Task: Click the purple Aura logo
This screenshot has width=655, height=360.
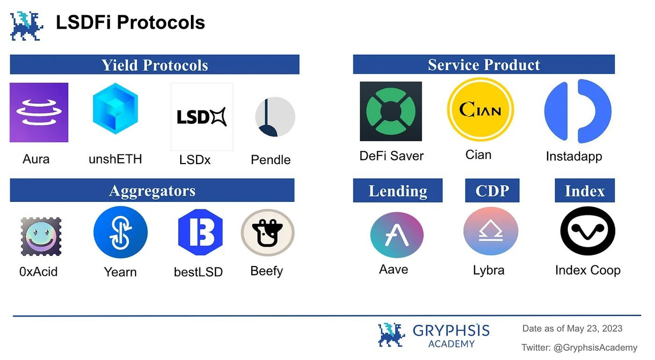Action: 39,112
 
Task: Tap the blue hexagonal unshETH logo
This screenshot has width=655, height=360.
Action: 115,108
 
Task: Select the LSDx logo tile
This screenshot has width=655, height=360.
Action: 202,117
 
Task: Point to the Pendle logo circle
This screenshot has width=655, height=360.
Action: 275,117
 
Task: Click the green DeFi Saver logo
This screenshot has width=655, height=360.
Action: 391,111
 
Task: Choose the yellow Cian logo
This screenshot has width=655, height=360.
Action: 480,109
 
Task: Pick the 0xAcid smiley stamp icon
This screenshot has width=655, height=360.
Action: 41,236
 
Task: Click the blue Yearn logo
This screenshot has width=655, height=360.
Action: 120,233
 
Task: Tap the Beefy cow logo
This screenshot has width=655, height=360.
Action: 268,233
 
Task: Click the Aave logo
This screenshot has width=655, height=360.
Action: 397,235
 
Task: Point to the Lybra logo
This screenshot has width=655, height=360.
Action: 490,232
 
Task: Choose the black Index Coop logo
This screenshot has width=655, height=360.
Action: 587,231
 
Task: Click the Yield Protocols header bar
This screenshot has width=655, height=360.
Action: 155,65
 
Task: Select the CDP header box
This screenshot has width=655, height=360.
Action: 492,191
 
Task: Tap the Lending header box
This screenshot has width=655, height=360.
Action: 398,191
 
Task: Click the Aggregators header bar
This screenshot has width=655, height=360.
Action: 152,191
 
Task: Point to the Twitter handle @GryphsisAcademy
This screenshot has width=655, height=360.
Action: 579,348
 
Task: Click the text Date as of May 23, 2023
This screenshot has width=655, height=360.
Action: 572,328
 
